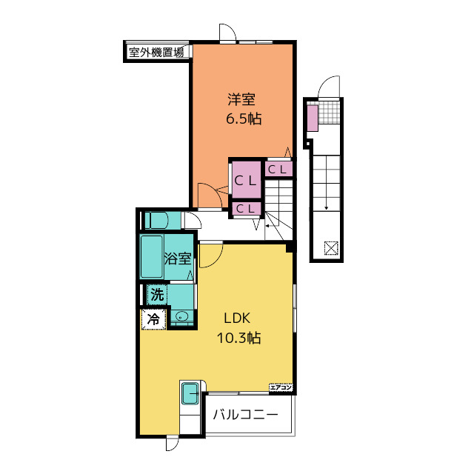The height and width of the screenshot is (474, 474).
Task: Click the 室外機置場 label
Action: [156, 52]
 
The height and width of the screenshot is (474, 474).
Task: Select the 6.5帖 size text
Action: [243, 118]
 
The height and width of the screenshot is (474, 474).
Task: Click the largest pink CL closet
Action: [246, 180]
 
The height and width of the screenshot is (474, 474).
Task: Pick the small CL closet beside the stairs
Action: [278, 170]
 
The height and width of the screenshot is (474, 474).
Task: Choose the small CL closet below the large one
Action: [246, 209]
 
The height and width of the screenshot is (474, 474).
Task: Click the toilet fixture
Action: [158, 220]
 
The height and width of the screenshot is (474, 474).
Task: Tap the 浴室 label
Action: [178, 258]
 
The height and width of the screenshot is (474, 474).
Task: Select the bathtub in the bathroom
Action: [152, 257]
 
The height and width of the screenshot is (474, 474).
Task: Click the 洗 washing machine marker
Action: [156, 294]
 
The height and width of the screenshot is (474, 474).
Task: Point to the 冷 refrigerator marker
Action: [153, 319]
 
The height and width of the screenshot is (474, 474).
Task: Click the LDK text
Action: [238, 319]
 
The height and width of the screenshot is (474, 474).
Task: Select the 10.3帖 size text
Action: [238, 338]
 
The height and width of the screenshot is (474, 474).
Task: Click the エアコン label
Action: [281, 387]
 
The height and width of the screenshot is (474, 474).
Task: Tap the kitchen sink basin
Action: [190, 393]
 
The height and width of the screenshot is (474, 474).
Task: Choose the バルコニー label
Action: [246, 415]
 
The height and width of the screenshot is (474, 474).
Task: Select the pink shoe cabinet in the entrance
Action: [312, 118]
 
